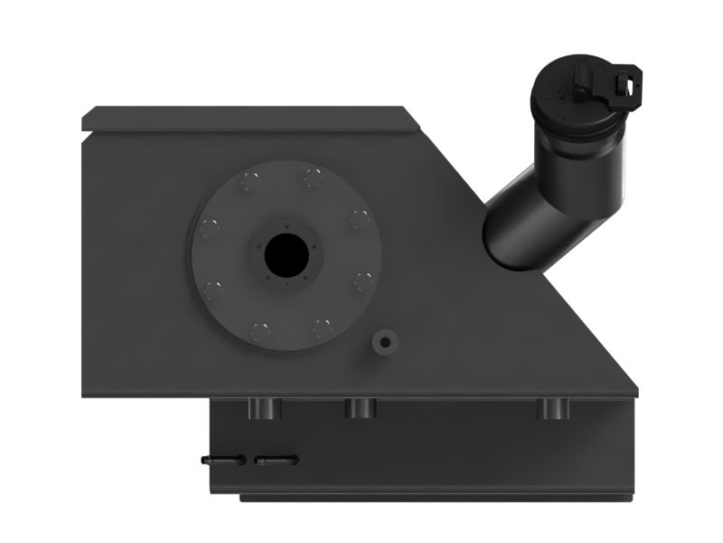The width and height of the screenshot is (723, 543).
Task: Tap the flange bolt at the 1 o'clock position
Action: pyautogui.click(x=313, y=176)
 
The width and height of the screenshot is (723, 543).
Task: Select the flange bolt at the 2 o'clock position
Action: pyautogui.click(x=359, y=218)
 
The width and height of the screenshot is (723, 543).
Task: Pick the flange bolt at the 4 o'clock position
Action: pyautogui.click(x=362, y=280)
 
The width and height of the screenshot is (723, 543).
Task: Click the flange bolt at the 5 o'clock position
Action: pyautogui.click(x=322, y=327)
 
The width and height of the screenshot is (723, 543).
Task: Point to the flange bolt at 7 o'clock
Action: pyautogui.click(x=260, y=330)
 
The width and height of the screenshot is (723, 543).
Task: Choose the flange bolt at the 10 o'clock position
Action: pyautogui.click(x=210, y=228)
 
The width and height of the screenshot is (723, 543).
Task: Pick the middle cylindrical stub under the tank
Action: pyautogui.click(x=360, y=408)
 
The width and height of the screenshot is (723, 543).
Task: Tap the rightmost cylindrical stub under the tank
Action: pyautogui.click(x=553, y=408)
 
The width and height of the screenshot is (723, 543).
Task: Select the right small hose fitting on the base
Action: pyautogui.click(x=276, y=460)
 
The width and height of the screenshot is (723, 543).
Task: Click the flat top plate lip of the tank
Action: pyautogui.click(x=244, y=118)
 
